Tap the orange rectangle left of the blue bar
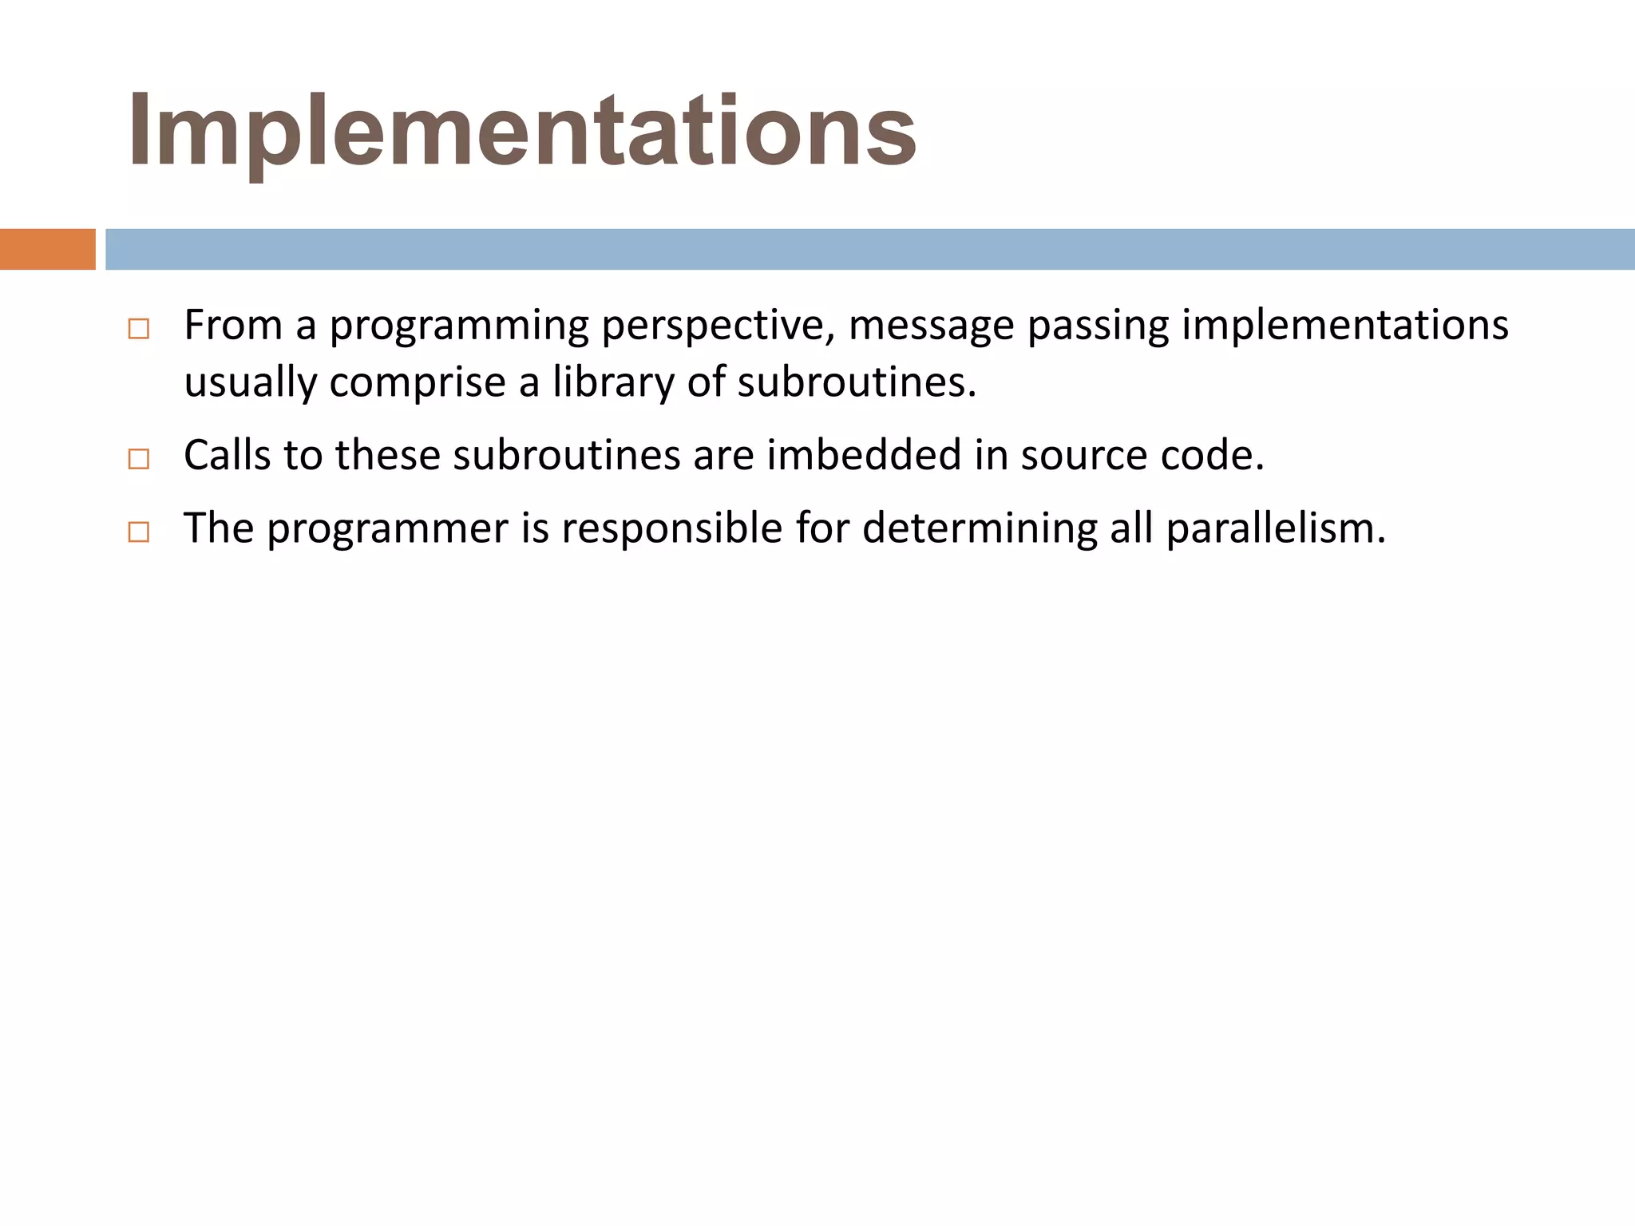tap(47, 249)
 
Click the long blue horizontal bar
tap(869, 249)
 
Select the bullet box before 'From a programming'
tap(138, 329)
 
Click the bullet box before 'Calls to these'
tap(138, 459)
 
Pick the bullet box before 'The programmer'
tap(138, 532)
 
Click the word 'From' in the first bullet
tap(233, 326)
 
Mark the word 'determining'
tap(980, 529)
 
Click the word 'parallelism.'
tap(1275, 528)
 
